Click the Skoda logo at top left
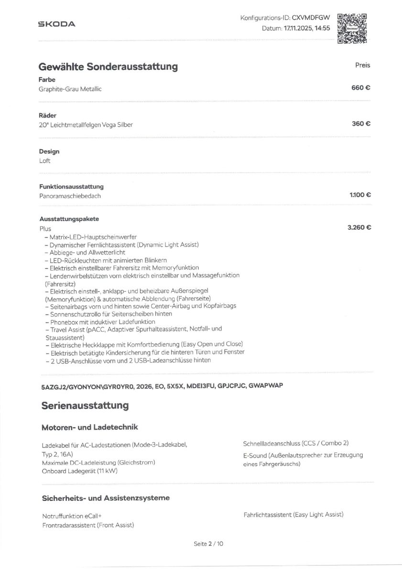(56, 24)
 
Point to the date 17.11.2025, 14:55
(306, 28)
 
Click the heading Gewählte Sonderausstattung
(109, 66)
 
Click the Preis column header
(362, 65)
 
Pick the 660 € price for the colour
(361, 88)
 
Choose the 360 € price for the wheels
(361, 124)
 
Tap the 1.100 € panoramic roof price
(360, 195)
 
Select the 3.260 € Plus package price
(359, 228)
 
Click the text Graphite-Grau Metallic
(70, 89)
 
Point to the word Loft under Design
(44, 160)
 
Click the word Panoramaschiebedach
(70, 196)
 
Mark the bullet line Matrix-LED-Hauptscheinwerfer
(90, 237)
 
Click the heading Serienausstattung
(85, 405)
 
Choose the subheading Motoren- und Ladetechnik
(90, 427)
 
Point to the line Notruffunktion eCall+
(72, 516)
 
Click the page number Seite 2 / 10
(208, 544)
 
